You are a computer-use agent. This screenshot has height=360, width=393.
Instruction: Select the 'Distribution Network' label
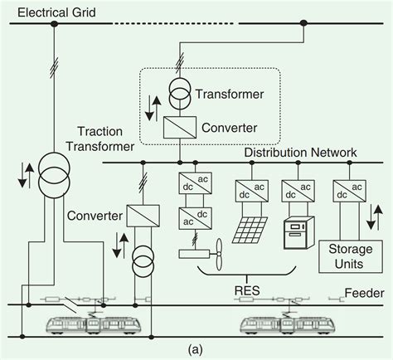[300, 153]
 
